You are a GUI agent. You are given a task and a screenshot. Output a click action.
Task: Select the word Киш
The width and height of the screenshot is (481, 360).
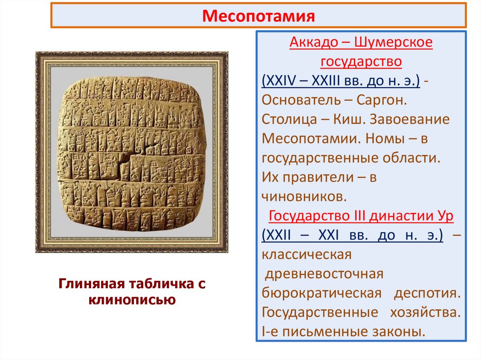[x=349, y=119]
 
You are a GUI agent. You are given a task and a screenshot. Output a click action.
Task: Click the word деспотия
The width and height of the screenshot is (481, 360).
[x=426, y=293]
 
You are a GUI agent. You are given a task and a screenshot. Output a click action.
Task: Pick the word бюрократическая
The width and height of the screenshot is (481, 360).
[x=320, y=293]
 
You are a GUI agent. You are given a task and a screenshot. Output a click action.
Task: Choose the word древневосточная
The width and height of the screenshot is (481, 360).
[x=324, y=274]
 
